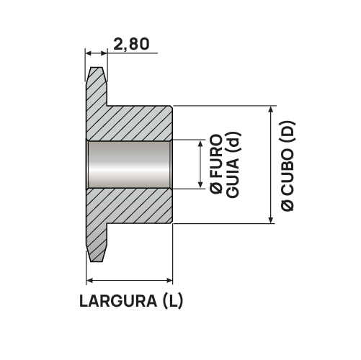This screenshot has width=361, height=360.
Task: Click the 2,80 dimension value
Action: coord(131,44)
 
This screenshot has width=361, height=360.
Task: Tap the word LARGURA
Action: coord(118,301)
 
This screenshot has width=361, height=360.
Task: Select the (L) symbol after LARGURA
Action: coord(173,301)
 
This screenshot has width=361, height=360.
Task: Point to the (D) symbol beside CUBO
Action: coord(288,132)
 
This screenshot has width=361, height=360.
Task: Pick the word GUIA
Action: coord(233,178)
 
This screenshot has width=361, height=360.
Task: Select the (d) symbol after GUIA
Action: coord(233,142)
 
